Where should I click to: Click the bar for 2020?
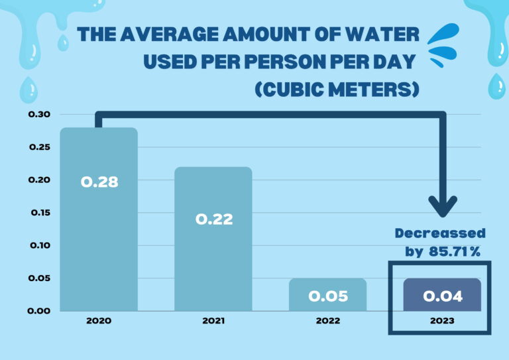99,219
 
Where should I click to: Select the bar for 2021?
213,239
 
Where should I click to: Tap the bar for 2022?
327,294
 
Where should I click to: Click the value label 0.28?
99,182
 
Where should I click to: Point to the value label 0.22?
213,219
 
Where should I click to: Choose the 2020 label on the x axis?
98,321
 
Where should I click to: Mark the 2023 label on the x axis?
442,321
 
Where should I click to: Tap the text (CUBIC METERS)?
337,89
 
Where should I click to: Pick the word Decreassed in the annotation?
440,233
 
